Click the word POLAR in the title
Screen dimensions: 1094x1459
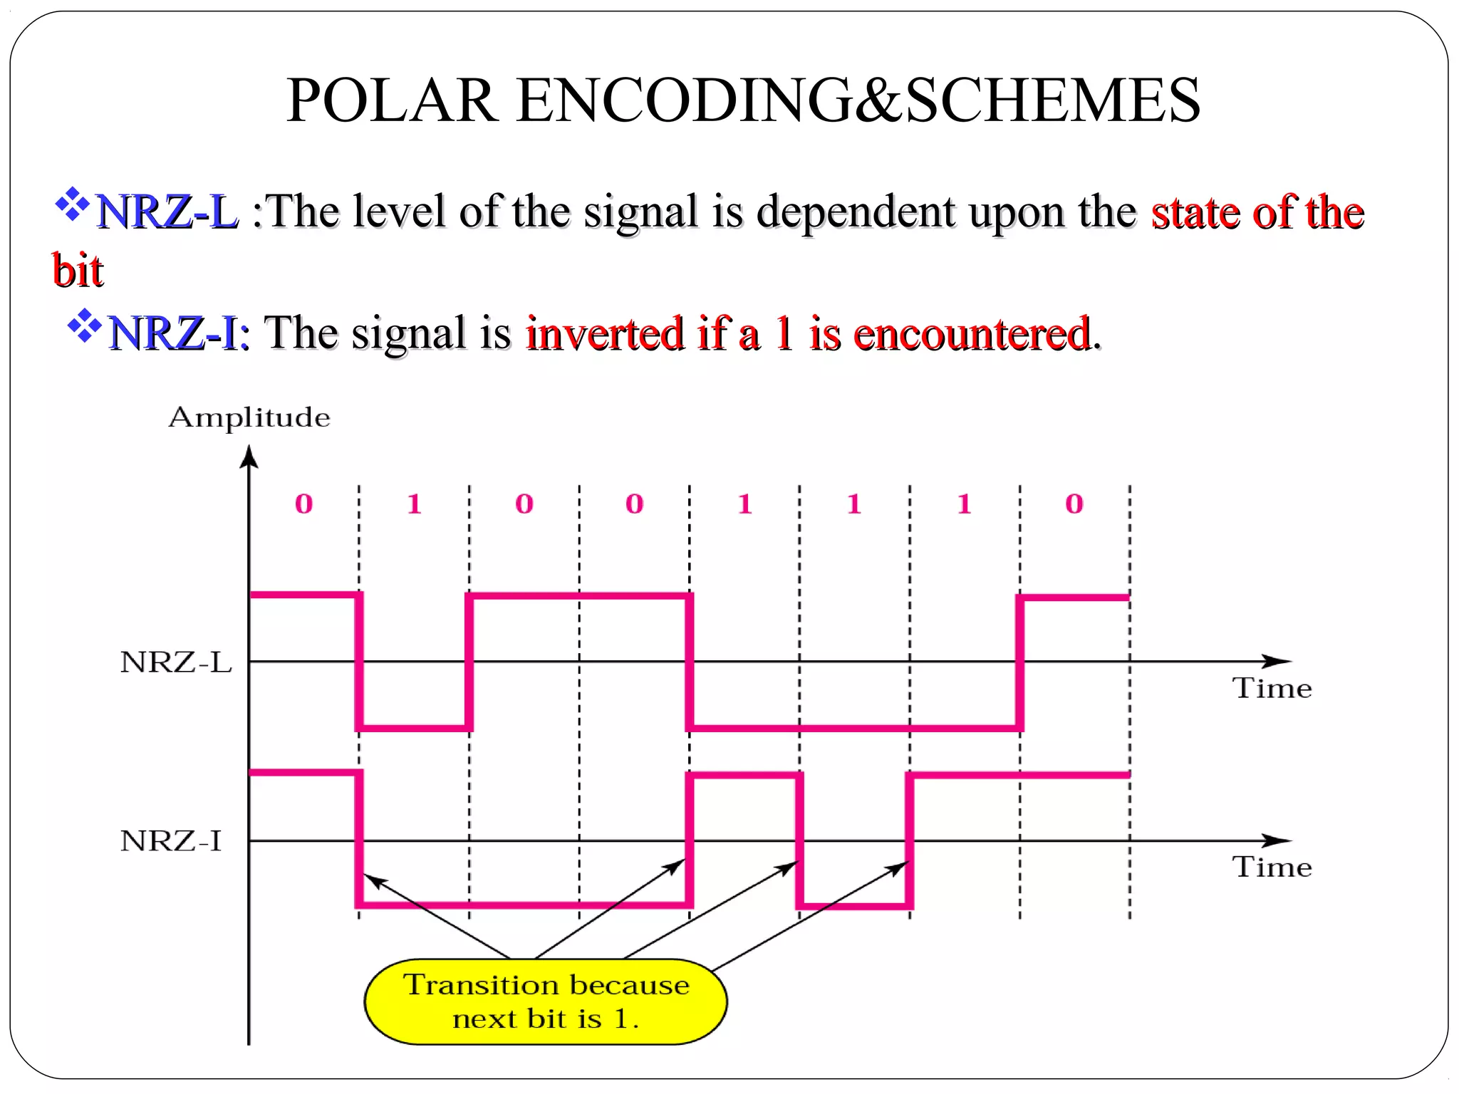point(392,100)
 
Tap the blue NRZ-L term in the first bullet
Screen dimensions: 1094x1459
point(167,212)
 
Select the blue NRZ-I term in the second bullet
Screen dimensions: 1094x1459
point(174,333)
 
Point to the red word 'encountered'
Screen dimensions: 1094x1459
point(972,333)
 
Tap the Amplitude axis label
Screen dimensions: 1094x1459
point(249,417)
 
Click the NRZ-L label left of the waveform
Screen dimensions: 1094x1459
point(176,662)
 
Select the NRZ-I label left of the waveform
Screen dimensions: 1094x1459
point(171,841)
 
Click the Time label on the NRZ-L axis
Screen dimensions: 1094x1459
point(1272,689)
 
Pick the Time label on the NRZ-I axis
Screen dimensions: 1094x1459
point(1272,868)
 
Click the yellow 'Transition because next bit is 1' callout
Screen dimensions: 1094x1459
point(546,1001)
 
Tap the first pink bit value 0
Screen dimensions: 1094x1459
point(304,504)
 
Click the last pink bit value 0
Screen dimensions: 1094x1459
point(1074,504)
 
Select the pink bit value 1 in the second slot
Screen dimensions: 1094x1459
point(415,504)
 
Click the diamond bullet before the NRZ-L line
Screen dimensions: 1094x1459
point(72,204)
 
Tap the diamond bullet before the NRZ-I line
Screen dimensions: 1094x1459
point(85,325)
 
